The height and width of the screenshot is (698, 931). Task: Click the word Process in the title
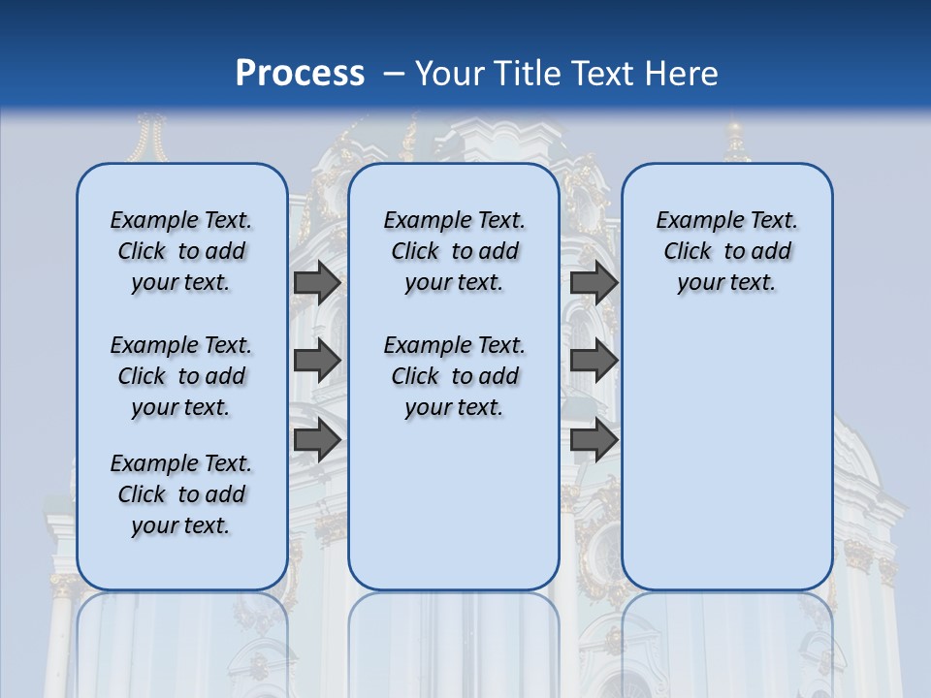tap(300, 74)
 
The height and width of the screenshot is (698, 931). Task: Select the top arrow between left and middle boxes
tap(317, 282)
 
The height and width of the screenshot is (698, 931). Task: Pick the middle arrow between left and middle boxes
tap(317, 361)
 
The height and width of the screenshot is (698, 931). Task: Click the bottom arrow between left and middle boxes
tap(317, 439)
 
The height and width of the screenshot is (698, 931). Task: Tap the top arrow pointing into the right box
tap(594, 282)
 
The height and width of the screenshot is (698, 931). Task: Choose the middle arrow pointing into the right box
tap(594, 361)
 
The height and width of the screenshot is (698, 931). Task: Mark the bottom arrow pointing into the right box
tap(594, 439)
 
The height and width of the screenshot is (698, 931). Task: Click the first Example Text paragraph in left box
tap(181, 251)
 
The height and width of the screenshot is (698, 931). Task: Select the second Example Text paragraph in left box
tap(181, 376)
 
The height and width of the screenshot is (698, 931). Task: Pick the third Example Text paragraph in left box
tap(181, 494)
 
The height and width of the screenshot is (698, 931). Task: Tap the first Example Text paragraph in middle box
tap(454, 251)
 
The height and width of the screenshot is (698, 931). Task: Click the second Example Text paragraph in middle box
tap(454, 376)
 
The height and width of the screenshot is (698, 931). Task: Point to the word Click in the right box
tap(688, 251)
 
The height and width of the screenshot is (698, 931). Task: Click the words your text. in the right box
tap(726, 282)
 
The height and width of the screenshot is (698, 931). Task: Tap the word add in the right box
tap(771, 251)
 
